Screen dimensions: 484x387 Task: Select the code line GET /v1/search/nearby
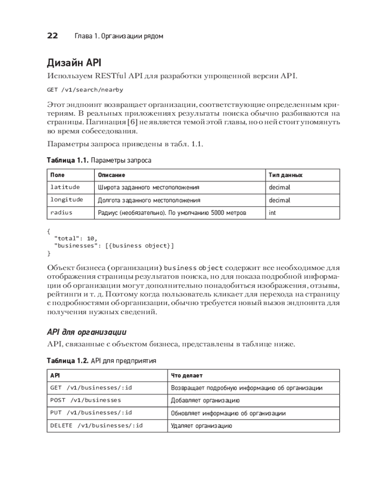[85, 90]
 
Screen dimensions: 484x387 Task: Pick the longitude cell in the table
[67, 199]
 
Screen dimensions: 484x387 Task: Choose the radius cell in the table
[61, 212]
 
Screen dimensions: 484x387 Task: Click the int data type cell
[272, 212]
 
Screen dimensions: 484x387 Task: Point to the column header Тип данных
[285, 175]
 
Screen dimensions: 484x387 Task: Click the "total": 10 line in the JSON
[76, 238]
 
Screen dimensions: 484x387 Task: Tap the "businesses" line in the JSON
[114, 245]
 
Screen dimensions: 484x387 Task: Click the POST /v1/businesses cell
[86, 400]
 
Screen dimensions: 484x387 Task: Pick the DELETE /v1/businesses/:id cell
[96, 425]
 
